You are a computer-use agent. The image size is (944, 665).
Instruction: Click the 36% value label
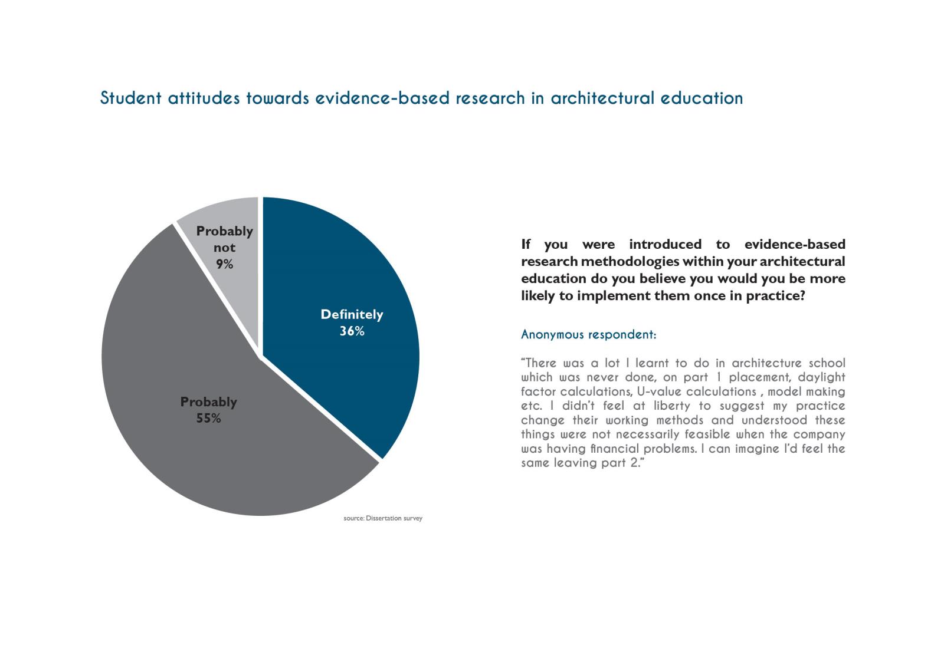pyautogui.click(x=352, y=331)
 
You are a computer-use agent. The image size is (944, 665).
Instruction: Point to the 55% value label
pyautogui.click(x=208, y=419)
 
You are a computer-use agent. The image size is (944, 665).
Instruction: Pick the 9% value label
pyautogui.click(x=224, y=265)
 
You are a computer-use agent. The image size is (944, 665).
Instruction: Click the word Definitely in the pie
pyautogui.click(x=352, y=315)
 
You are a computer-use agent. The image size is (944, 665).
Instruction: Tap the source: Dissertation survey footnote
pyautogui.click(x=383, y=519)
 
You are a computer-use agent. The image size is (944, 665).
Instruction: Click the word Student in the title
pyautogui.click(x=130, y=98)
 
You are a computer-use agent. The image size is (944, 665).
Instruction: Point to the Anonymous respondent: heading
pyautogui.click(x=588, y=335)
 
